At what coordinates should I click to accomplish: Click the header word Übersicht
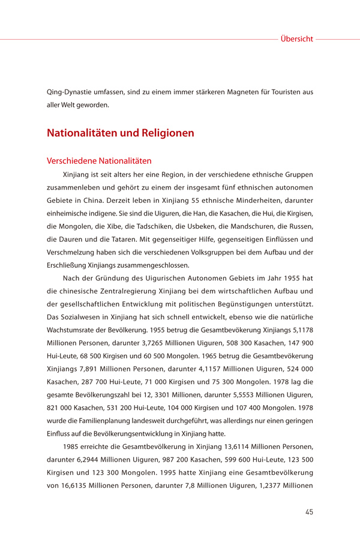[296, 39]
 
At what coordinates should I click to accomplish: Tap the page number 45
[308, 512]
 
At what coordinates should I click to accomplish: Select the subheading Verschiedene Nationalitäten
[99, 161]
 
